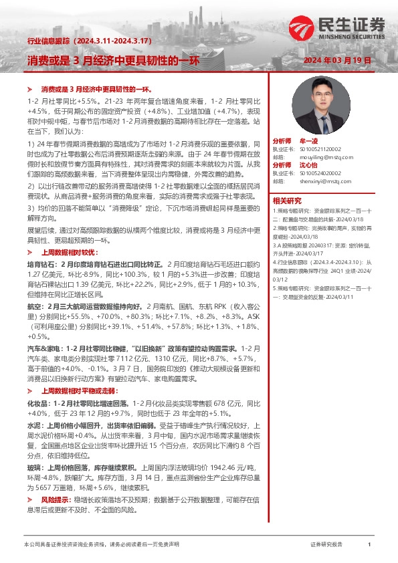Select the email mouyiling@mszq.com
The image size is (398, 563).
[313, 157]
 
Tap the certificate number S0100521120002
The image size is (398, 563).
[317, 150]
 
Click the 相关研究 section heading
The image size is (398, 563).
[286, 201]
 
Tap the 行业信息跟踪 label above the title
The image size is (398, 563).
[44, 41]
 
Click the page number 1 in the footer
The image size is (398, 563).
[369, 545]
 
